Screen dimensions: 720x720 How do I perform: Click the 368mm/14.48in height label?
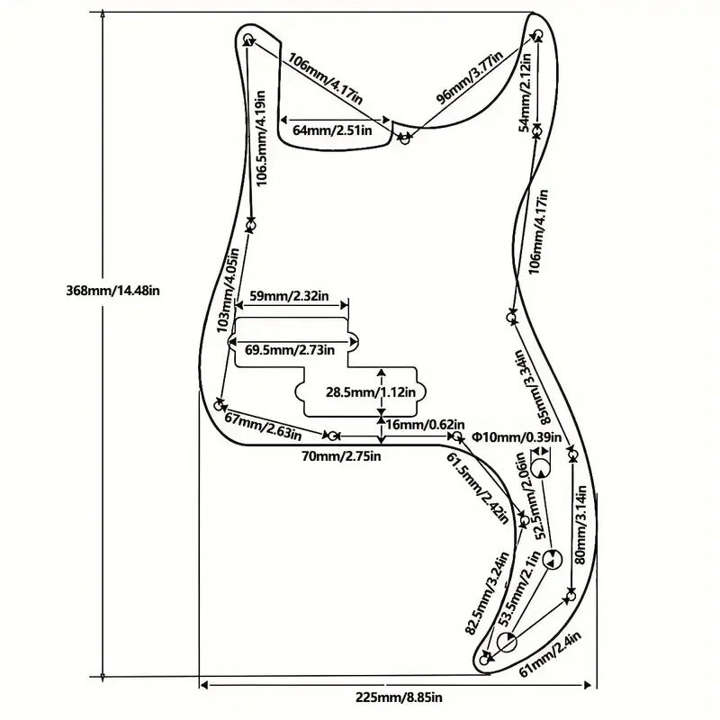coord(113,291)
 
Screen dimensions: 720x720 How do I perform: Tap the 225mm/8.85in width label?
coord(399,697)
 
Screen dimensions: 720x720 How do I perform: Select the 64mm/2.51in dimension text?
coord(332,130)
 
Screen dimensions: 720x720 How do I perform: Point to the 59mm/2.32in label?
coord(289,296)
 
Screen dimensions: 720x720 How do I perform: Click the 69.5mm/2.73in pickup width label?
coord(290,350)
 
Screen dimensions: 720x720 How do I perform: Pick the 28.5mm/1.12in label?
coord(371,392)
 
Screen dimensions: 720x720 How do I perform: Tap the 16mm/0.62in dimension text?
coord(425,424)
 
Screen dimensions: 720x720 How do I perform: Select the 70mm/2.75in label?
coord(341,456)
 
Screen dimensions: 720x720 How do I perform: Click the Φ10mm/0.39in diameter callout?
coord(517,436)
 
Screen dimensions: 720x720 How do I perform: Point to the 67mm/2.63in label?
coord(263,427)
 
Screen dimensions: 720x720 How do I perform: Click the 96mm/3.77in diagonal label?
coord(469,77)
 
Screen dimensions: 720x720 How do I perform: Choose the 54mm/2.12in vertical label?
coord(526,93)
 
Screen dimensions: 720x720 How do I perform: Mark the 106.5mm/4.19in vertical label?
coord(260,138)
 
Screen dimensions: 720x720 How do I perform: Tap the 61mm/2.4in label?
coord(550,654)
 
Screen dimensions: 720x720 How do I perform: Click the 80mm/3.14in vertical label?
coord(580,525)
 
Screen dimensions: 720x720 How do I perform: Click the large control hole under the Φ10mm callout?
coord(541,469)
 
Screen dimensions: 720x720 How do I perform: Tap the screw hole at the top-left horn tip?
coord(248,38)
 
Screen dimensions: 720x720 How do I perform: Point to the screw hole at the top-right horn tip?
coord(538,34)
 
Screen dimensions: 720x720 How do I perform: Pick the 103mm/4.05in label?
coord(228,290)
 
